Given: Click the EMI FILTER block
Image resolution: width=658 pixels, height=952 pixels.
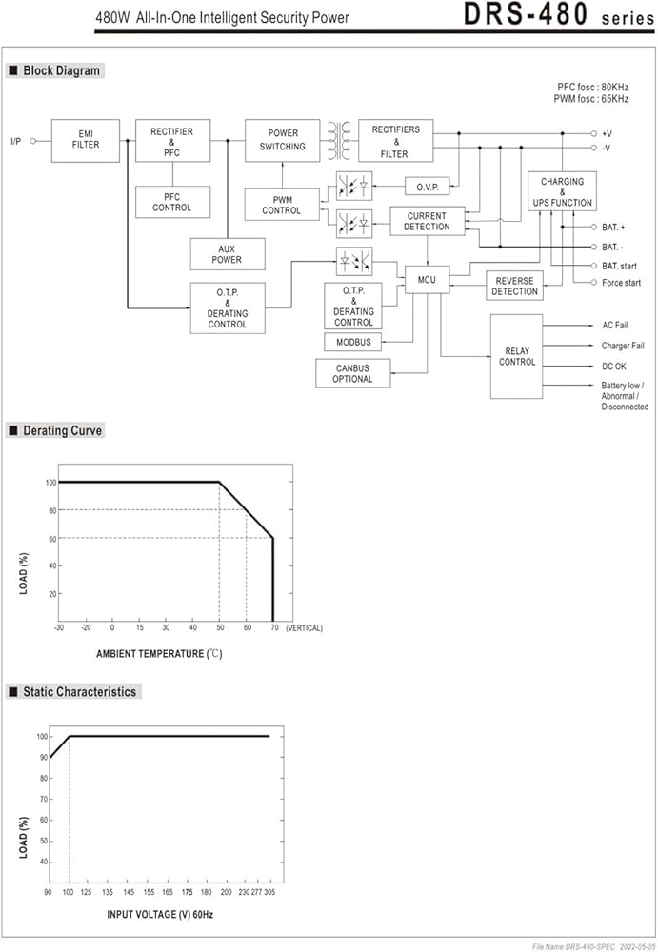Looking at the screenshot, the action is pos(85,140).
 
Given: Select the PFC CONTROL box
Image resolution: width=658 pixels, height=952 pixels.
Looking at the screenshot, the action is pos(172,202).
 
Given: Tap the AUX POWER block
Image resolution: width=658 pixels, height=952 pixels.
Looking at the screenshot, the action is pos(228,254).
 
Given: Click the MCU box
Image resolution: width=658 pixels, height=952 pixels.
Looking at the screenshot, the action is pos(428,279).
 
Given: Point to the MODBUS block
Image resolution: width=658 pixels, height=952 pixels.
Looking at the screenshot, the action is pos(353,342).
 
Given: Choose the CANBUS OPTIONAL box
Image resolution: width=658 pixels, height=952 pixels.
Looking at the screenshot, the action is pos(352,373).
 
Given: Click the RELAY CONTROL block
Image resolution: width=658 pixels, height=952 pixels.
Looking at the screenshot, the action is pos(516,356).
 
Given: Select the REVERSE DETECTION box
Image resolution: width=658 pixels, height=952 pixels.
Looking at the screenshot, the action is pos(514,286).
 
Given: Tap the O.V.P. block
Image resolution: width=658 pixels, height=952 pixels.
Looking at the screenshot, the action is pos(428,187).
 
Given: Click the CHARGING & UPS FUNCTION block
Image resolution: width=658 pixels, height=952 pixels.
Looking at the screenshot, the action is pos(562,191).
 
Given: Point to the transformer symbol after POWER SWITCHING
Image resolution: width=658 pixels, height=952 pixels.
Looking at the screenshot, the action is pos(339,140).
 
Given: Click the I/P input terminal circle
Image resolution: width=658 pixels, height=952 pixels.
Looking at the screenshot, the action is pos(33,141).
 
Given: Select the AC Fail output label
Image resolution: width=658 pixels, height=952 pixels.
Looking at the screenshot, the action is pos(615,326).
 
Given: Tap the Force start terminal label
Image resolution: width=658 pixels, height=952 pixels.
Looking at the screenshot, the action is pos(621,283).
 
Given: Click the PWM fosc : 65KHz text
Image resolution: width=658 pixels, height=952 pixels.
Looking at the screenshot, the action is pos(591,99).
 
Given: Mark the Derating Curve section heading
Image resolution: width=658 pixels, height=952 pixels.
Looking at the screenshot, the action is pos(62,430).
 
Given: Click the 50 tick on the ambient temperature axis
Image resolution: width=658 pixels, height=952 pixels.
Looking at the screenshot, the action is pos(220,627).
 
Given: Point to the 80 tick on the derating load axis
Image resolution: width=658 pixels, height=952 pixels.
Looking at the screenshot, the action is pos(52,510).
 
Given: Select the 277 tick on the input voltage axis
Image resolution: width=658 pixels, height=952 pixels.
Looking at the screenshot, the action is pos(256,892).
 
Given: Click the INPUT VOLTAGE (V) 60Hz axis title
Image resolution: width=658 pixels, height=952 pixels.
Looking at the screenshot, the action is pos(160,914).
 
